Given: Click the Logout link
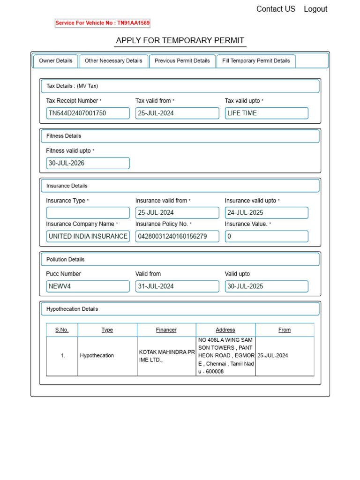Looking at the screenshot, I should point(315,9).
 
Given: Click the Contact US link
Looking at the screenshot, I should point(276,9).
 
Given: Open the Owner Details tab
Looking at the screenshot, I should point(56,61).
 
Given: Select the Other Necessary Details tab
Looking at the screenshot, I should point(113,61).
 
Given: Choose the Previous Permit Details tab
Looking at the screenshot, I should point(182,61).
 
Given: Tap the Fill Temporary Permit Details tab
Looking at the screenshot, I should point(256,61).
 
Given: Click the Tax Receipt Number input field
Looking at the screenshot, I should point(88,113).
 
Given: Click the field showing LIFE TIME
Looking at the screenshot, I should point(266,113).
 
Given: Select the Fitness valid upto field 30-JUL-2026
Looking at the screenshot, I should point(88,163).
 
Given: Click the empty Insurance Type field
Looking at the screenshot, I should point(88,213).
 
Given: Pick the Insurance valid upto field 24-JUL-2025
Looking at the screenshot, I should point(266,213).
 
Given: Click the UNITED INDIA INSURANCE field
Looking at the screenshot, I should point(88,236).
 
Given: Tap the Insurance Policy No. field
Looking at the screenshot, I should point(177,236).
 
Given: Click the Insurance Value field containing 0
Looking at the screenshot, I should point(266,236).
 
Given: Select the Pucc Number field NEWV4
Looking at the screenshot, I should point(88,286).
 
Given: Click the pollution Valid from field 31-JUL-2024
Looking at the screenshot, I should point(177,286).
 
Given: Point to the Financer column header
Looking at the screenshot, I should point(166,330).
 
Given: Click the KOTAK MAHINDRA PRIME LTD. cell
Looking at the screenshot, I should point(166,356).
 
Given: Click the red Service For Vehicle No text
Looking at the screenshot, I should point(103,23).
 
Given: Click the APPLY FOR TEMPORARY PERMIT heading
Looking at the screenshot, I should point(180,40).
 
